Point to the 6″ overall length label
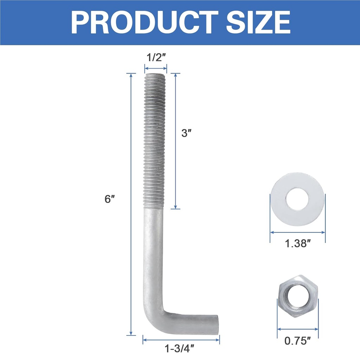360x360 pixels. (110, 199)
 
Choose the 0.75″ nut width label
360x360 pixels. (298, 340)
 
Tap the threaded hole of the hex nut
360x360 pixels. (297, 295)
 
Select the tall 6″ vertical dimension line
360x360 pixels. (131, 204)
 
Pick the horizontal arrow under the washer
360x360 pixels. (297, 232)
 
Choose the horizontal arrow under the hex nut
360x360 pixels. (298, 329)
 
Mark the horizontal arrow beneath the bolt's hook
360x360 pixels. (181, 339)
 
